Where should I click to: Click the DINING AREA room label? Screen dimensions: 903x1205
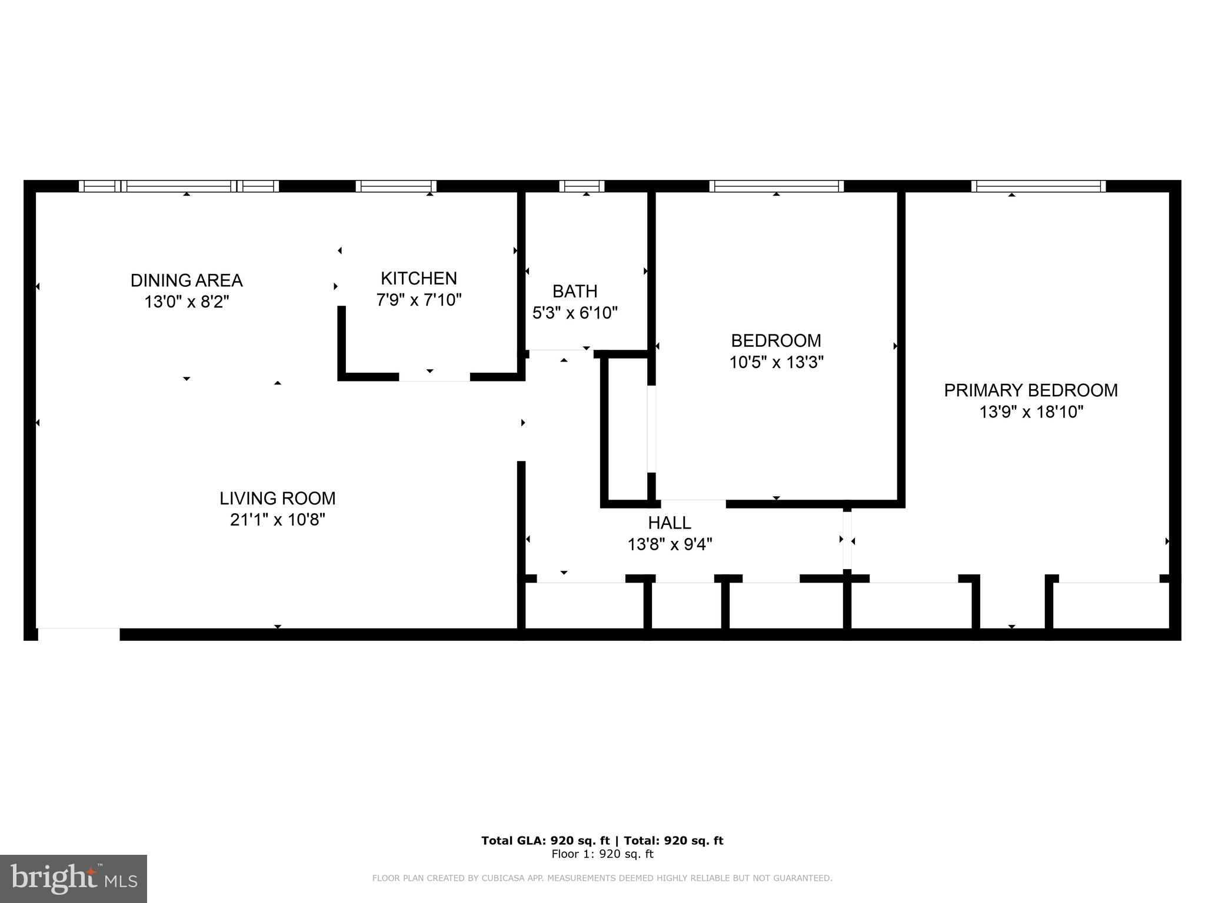187,280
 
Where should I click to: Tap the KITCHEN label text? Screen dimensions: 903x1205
418,278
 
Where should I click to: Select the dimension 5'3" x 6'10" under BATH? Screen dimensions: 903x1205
575,313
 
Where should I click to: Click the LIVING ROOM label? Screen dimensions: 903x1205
277,499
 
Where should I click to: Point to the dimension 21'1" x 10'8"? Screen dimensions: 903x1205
277,520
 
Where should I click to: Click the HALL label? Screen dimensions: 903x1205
670,523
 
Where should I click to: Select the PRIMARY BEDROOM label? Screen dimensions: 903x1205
1031,390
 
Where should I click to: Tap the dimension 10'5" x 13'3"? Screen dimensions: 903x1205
776,362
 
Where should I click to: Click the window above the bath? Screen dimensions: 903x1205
581,186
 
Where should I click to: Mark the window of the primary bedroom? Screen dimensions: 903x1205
1038,186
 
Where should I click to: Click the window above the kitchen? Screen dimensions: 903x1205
396,186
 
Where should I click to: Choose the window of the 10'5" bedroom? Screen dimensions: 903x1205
776,186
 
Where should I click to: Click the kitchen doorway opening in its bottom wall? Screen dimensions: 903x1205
434,377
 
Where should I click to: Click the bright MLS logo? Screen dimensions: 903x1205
74,878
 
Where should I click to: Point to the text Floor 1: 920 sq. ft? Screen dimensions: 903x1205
602,854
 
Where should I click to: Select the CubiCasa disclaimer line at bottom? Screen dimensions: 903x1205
602,878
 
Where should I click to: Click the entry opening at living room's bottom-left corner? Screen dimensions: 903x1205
78,634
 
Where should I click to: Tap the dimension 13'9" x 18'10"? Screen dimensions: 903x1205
1031,412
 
